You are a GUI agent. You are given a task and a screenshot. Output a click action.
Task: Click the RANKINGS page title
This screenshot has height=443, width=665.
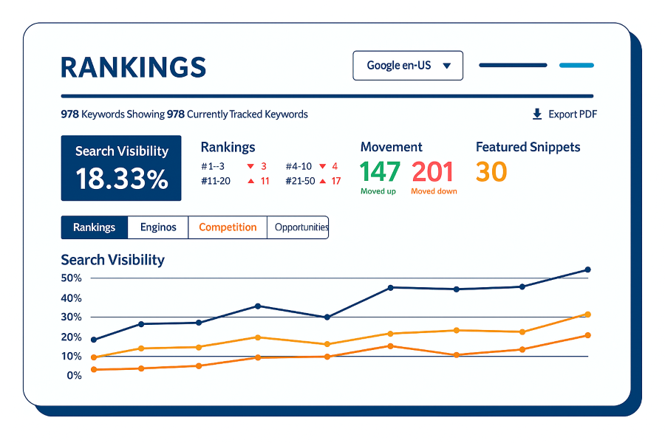(x=133, y=67)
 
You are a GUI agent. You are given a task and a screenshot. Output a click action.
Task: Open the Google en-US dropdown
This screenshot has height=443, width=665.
(x=408, y=66)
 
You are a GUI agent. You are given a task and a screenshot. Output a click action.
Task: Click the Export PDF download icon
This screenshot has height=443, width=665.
(x=537, y=114)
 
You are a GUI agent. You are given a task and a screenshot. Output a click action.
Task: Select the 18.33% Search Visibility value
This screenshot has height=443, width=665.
(x=121, y=179)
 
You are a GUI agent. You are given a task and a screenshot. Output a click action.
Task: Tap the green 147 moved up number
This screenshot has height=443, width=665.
(x=380, y=172)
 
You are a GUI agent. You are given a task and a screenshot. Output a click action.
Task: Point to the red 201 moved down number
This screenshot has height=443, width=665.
(x=432, y=172)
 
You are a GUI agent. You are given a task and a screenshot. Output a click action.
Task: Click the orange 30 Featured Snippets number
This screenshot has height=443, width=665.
(x=491, y=172)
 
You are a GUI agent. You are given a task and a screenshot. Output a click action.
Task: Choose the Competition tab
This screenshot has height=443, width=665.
(x=228, y=227)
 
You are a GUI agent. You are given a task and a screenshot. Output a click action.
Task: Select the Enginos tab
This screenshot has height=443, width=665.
(x=158, y=227)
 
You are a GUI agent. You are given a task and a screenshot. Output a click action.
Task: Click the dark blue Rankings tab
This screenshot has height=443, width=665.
(x=95, y=227)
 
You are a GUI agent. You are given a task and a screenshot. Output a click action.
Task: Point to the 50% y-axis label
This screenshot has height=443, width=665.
(x=72, y=278)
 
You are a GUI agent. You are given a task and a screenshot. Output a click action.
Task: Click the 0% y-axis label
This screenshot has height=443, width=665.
(x=74, y=376)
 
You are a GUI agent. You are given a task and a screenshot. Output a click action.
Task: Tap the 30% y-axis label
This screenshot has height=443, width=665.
(x=72, y=317)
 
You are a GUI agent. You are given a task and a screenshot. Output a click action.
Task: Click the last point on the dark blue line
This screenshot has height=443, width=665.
(x=587, y=269)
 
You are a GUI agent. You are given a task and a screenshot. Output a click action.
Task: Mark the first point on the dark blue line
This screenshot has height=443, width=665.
(x=94, y=340)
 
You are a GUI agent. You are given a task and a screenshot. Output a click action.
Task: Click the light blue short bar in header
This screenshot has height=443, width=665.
(x=576, y=66)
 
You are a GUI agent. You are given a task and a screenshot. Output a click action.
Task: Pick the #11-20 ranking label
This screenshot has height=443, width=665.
(x=216, y=181)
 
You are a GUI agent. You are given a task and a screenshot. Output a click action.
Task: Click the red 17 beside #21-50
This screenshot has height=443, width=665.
(x=336, y=181)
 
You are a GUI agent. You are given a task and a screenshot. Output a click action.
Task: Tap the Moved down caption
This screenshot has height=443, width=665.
(x=434, y=191)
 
